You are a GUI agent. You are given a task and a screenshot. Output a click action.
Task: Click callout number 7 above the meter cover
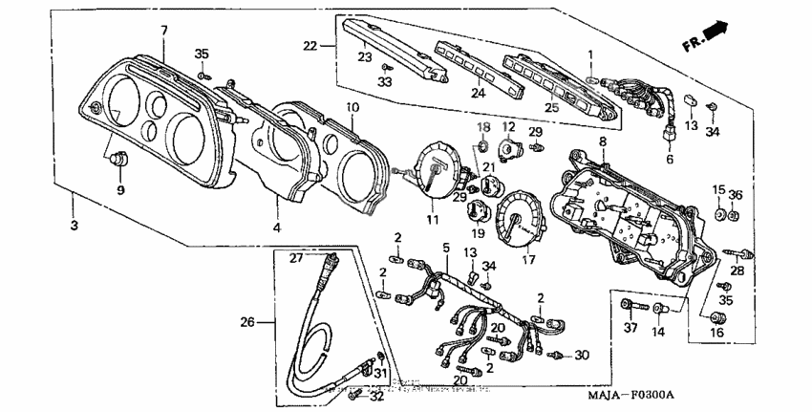[163, 31]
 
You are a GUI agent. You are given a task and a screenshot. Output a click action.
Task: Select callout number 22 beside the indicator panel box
[310, 45]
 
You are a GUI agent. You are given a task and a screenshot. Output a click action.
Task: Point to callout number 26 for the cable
[246, 322]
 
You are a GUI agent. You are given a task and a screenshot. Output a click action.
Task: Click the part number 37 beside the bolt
[630, 330]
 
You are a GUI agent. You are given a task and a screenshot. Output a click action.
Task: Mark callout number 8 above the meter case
[602, 141]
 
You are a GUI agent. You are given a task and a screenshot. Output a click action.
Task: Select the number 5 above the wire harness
[445, 248]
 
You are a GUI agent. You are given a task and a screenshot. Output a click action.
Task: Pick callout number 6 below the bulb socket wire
[669, 160]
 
